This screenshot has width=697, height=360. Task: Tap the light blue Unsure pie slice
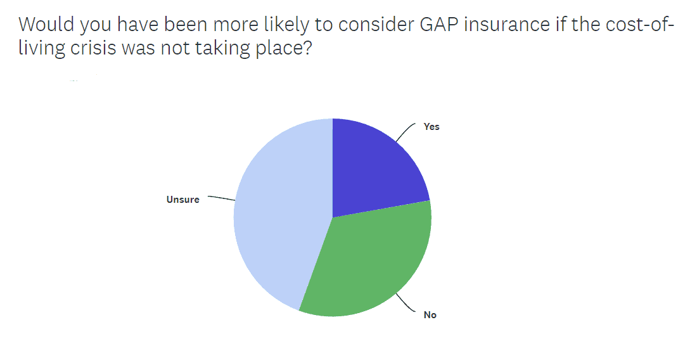pos(279,215)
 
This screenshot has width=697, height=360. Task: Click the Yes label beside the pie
pos(432,127)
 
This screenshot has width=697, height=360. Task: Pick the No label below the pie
pos(430,314)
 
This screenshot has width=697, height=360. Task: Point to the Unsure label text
pos(182,199)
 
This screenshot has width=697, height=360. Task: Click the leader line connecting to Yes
pos(406,130)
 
